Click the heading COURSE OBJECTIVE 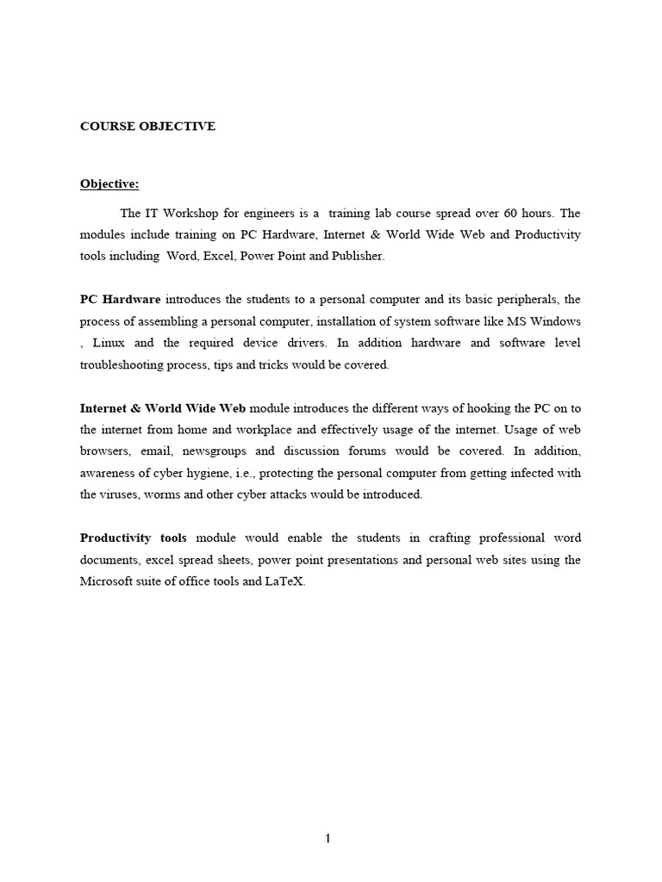[x=147, y=127]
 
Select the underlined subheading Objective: [x=109, y=183]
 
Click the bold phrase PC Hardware [x=120, y=300]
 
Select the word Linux [x=109, y=343]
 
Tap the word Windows [x=555, y=321]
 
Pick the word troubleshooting [x=128, y=365]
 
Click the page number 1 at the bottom [x=328, y=840]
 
